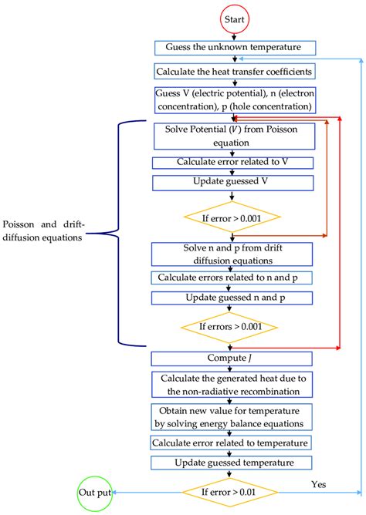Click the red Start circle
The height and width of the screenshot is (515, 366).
click(236, 17)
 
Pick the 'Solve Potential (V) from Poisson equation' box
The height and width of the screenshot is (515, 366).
click(233, 136)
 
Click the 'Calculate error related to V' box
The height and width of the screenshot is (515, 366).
click(233, 163)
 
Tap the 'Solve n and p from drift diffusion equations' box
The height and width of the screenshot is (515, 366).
click(233, 254)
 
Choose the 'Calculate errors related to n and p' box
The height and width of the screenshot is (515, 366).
click(233, 278)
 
